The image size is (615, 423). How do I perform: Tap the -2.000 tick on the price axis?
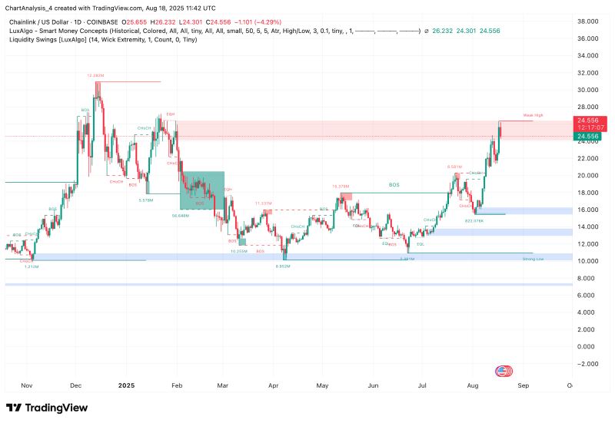(x=587, y=364)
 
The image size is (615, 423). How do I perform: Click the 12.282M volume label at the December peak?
(x=95, y=75)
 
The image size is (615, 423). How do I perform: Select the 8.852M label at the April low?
(x=282, y=266)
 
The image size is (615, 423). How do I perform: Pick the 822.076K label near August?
(x=474, y=220)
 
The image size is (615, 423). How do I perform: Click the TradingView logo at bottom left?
(x=47, y=408)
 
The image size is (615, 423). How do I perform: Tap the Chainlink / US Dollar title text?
(x=45, y=8)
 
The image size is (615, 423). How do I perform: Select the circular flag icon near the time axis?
(x=504, y=371)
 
